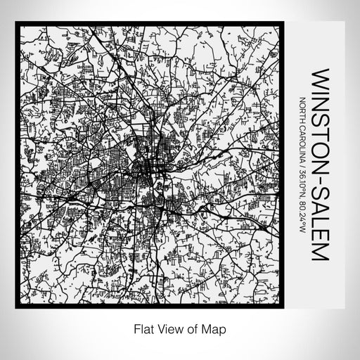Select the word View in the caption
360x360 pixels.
165,327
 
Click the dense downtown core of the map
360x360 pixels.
148,169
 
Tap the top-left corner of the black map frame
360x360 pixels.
16,23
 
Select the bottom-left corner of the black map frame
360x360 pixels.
16,307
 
